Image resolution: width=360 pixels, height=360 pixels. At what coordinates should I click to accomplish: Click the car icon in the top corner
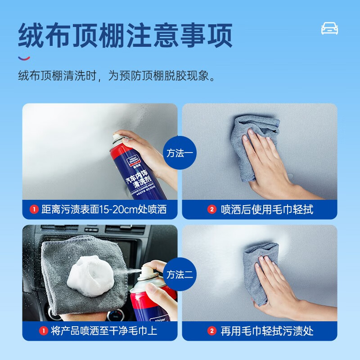pos(329,28)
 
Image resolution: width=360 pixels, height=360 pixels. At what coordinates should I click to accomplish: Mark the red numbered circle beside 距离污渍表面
pos(34,209)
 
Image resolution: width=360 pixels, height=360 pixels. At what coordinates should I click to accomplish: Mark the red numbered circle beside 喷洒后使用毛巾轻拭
pos(212,209)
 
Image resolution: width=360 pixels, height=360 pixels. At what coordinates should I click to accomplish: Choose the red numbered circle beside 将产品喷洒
pos(44,331)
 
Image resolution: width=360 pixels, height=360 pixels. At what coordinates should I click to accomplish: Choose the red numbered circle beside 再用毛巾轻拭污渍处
pos(212,331)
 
